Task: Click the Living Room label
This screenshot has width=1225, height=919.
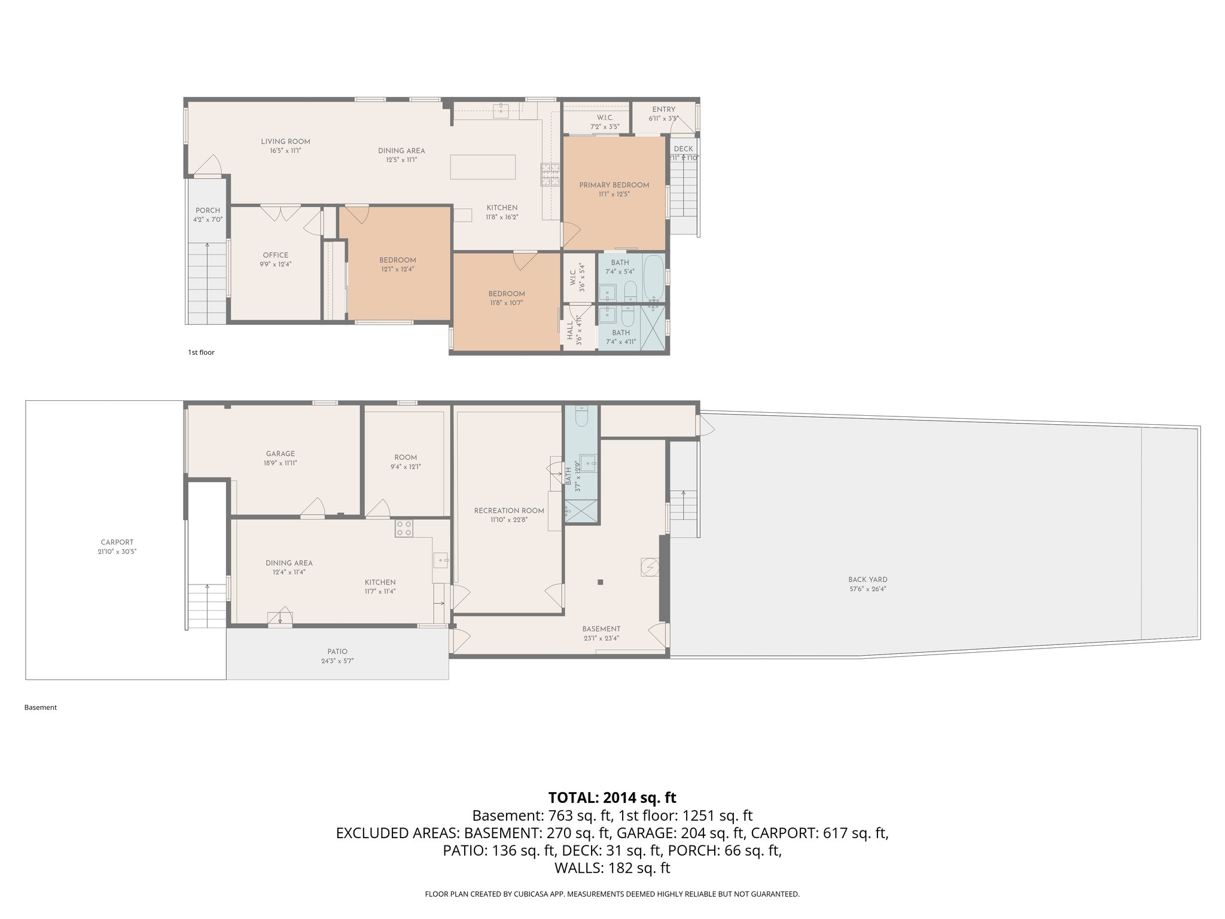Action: click(285, 142)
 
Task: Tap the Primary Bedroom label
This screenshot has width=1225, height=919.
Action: click(614, 185)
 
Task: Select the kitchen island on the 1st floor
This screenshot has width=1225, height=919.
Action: click(483, 167)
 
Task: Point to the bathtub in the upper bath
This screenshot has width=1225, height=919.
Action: click(654, 278)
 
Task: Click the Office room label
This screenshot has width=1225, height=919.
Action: click(275, 255)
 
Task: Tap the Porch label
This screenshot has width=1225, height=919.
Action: click(208, 211)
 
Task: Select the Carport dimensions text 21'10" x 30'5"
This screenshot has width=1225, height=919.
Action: click(117, 552)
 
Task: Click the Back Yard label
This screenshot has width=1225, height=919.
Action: click(867, 579)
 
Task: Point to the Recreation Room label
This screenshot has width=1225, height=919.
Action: click(509, 510)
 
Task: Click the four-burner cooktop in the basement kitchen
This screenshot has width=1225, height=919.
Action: click(404, 528)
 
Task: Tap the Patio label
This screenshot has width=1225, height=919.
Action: click(337, 652)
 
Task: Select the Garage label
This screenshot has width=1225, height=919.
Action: click(281, 454)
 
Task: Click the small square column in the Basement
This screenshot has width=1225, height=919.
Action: click(600, 582)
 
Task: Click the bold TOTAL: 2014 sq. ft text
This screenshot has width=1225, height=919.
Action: click(612, 798)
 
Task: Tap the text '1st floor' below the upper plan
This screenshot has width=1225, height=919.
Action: click(201, 352)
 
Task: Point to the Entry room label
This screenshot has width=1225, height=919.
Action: click(663, 109)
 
